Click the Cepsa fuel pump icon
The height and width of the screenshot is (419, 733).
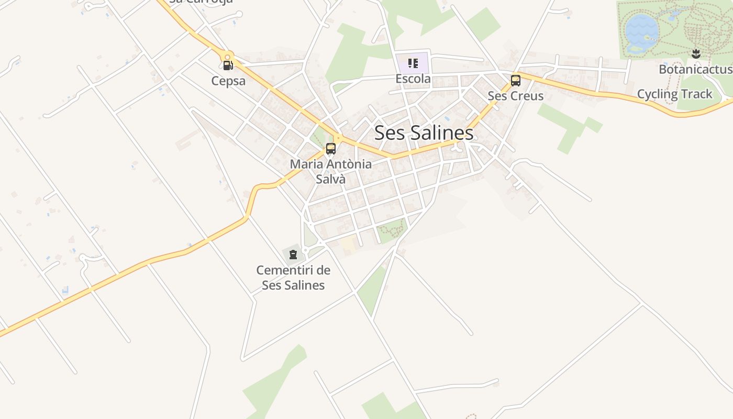[x=228, y=65]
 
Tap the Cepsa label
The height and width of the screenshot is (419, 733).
[x=228, y=81]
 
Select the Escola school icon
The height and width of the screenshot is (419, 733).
[x=413, y=63]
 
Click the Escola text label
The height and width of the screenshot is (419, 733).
[x=413, y=79]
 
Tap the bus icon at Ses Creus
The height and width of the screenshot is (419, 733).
[x=516, y=80]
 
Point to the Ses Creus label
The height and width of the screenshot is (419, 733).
[x=516, y=96]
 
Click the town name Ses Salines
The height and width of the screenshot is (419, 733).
[x=424, y=133]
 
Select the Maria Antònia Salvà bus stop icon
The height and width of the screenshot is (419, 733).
[x=330, y=148]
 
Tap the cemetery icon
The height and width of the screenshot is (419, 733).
[x=293, y=255]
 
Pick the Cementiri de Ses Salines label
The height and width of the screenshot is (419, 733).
[x=293, y=278]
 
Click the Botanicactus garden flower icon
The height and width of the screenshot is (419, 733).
[x=696, y=53]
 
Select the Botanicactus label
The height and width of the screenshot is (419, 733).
[x=695, y=69]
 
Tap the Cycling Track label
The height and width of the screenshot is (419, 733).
[x=674, y=94]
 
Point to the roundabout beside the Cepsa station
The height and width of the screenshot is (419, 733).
[x=227, y=56]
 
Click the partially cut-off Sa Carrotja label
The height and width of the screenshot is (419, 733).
[x=201, y=2]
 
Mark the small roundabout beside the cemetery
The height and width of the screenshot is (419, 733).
[x=305, y=250]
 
